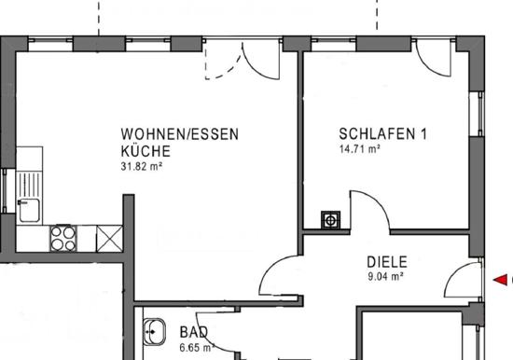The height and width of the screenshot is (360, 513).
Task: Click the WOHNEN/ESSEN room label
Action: [180, 134]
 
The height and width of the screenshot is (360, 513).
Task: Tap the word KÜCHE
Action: [146, 151]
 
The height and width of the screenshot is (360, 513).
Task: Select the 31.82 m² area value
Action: [142, 166]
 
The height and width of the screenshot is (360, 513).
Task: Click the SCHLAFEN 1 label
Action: [382, 134]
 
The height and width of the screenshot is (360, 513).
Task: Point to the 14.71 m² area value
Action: [359, 149]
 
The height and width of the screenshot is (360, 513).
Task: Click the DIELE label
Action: [387, 262]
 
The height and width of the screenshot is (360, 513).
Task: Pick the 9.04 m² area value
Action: [385, 277]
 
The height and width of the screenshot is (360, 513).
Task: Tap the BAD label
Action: [194, 333]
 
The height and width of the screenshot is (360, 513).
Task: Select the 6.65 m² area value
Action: [197, 348]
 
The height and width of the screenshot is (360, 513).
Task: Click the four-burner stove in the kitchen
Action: [63, 238]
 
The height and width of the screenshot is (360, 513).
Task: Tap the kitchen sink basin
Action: [30, 211]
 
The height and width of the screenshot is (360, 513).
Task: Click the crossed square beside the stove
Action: [109, 239]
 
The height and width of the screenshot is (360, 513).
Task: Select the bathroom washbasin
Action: [155, 332]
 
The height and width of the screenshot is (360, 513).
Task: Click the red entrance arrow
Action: [500, 280]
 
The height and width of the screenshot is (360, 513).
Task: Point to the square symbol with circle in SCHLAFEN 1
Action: [331, 219]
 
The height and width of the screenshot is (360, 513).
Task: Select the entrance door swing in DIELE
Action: [455, 272]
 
